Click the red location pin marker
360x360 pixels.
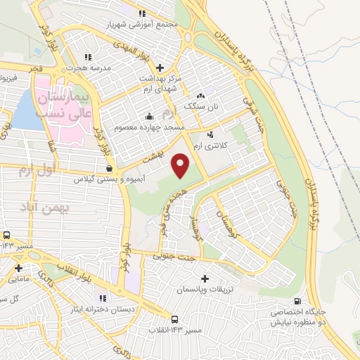tap(181, 166)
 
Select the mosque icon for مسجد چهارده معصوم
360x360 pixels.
tap(148, 117)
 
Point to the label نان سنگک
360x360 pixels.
tap(201, 106)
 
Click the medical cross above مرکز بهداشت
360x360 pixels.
tap(160, 68)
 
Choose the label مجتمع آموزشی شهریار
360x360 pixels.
tap(143, 23)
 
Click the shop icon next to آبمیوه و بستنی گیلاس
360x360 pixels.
tap(108, 169)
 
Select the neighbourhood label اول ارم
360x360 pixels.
tap(35, 171)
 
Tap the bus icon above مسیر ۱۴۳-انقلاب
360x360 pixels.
tap(175, 319)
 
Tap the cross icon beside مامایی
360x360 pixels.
tap(18, 268)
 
